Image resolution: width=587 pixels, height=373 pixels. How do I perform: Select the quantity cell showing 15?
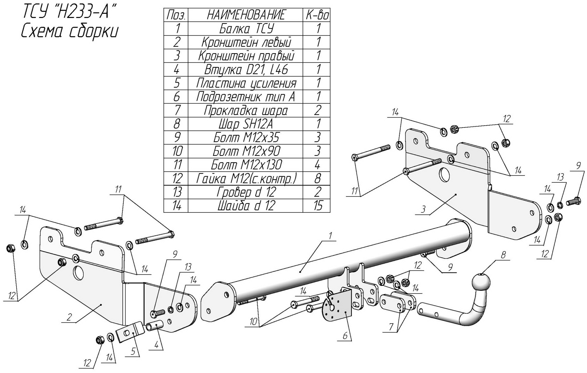(317, 205)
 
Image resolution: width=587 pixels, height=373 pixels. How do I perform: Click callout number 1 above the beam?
(330, 236)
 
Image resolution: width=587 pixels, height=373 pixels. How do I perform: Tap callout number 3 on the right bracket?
(423, 209)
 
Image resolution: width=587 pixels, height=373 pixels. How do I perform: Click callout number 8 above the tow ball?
(503, 255)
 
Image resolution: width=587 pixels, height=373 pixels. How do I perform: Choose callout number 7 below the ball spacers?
(391, 327)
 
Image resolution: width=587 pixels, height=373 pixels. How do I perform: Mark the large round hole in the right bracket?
(444, 175)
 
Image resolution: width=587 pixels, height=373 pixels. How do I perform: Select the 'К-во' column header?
(317, 15)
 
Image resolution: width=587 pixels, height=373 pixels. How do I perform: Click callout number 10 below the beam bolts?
(253, 322)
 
